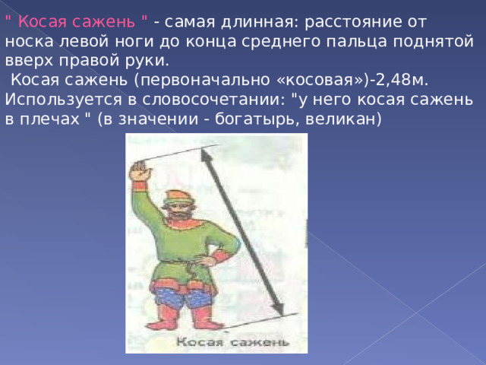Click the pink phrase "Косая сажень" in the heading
click(76, 22)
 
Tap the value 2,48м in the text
click(402, 80)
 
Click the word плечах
click(49, 119)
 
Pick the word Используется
click(63, 100)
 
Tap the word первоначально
click(205, 81)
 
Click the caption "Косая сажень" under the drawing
click(233, 342)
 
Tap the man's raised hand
click(140, 170)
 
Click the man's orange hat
click(177, 198)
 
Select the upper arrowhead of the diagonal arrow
click(206, 155)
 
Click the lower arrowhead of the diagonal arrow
click(278, 308)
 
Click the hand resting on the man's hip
click(204, 259)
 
